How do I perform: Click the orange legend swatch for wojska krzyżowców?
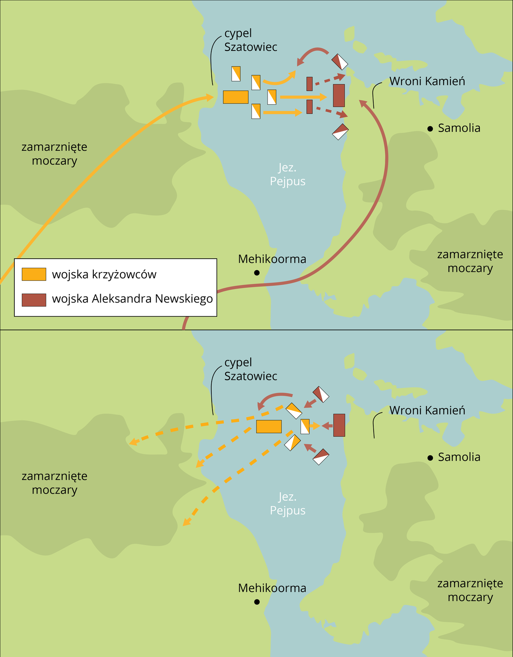pos(34,274)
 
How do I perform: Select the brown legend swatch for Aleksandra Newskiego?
pos(34,300)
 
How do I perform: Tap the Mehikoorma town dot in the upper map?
pos(257,272)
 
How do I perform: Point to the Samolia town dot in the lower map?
pos(430,458)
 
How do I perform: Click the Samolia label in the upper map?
pos(459,128)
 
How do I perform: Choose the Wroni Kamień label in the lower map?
pos(427,410)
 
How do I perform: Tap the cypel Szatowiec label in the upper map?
pos(250,40)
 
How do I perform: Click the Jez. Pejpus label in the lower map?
pos(287,503)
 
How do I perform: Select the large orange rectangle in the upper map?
pos(236,97)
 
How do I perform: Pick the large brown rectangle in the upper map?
pos(339,95)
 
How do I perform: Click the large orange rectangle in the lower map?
pos(269,427)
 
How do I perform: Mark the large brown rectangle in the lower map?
pos(339,425)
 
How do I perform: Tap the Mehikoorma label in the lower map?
pos(272,588)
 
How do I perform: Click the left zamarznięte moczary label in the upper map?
pos(54,154)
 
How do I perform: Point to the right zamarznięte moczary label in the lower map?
pos(470,590)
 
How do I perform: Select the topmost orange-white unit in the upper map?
pos(236,74)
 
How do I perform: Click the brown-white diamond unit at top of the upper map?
pos(340,62)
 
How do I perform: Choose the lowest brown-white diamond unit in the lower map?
pos(321,456)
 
